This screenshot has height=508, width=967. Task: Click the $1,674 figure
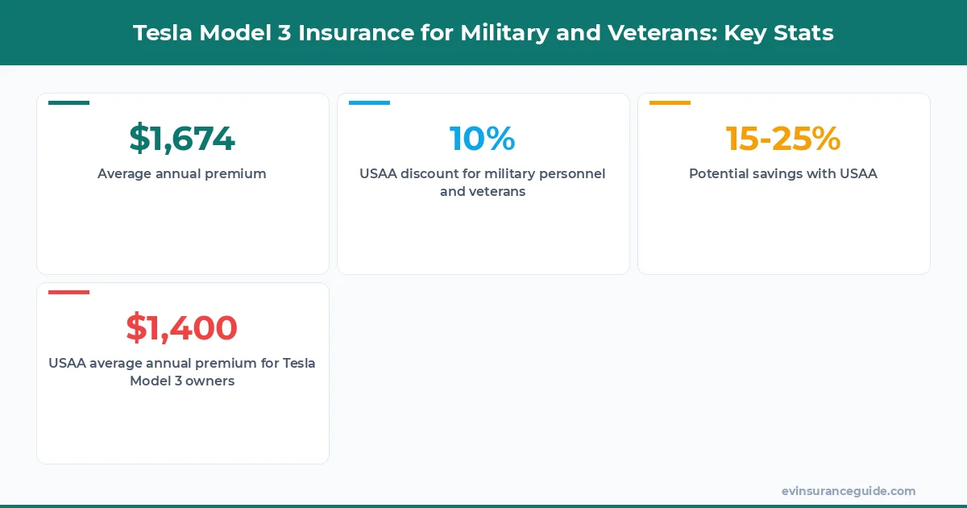[182, 139]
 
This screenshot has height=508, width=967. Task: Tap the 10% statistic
[483, 139]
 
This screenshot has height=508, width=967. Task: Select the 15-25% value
[783, 139]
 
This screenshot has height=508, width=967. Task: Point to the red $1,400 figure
[182, 327]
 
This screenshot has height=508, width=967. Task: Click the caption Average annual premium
[182, 173]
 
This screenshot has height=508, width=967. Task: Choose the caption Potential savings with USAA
[783, 173]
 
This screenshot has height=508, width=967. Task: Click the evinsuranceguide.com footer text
[849, 491]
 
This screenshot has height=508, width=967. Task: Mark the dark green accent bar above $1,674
[68, 102]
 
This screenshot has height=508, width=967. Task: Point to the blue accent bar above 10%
[369, 102]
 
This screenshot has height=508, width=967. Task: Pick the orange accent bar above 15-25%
[670, 102]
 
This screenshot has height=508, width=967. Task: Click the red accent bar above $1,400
[68, 292]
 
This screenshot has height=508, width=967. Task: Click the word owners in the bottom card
[210, 381]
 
